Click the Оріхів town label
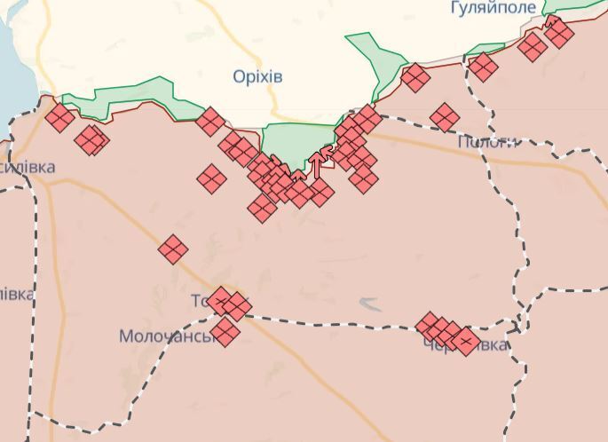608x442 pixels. (x=257, y=76)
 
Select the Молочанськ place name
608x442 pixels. (x=168, y=336)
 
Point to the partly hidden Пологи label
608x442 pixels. (x=486, y=142)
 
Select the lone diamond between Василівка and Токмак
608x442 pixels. (x=173, y=249)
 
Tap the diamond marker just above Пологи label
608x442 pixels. (x=446, y=116)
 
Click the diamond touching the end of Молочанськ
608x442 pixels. (x=225, y=332)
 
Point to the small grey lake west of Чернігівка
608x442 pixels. (x=370, y=305)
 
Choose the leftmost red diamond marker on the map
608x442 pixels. (x=60, y=117)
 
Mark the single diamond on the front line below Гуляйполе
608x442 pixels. (x=483, y=67)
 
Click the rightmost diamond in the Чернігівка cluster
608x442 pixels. (x=465, y=342)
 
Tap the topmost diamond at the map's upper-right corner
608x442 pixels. (x=557, y=26)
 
